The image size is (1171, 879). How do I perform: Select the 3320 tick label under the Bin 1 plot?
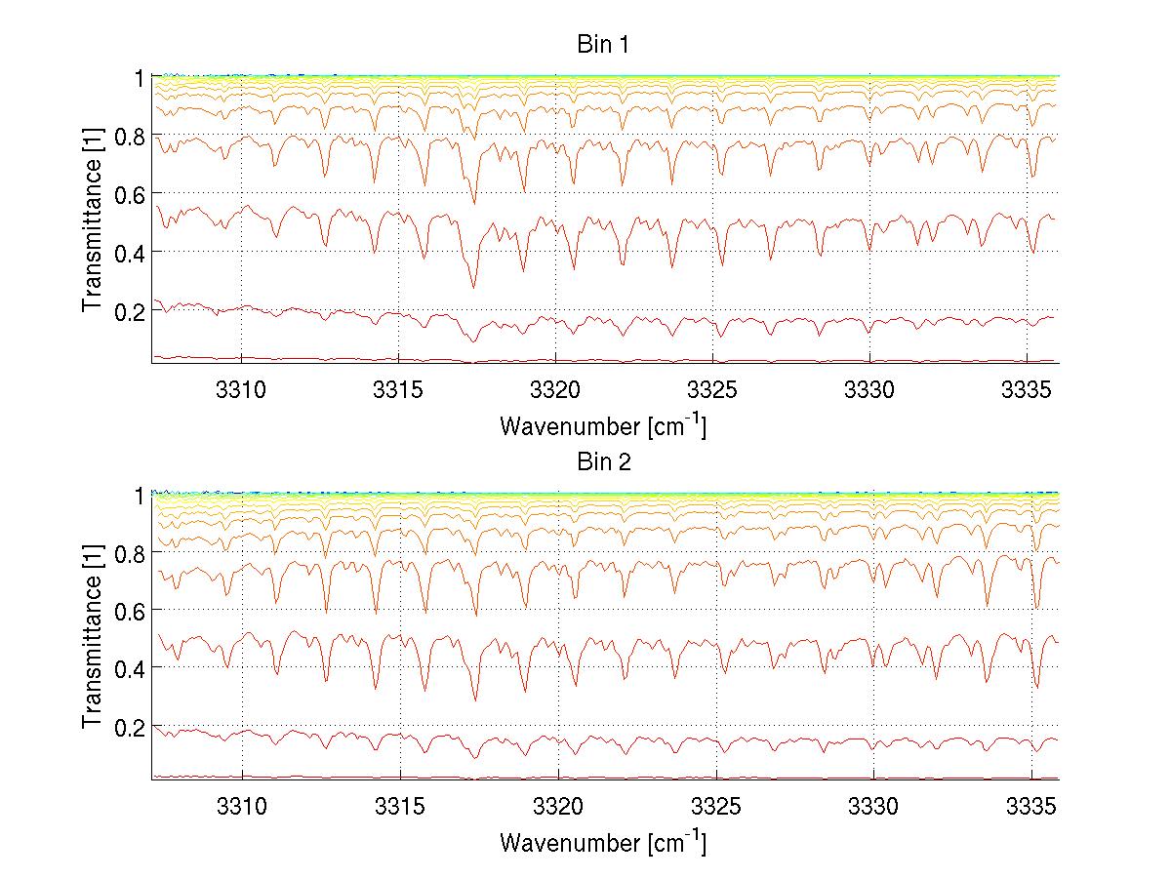[556, 388]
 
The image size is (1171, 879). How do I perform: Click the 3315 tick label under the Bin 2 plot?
[400, 806]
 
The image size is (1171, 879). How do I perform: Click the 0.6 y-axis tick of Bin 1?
[127, 193]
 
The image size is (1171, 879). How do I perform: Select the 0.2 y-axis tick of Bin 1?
[127, 310]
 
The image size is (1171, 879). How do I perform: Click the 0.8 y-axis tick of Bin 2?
[127, 552]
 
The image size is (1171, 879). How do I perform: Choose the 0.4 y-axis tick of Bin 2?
[127, 668]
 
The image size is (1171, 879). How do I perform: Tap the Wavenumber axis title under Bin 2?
[602, 842]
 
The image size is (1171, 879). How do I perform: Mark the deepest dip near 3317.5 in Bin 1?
[474, 288]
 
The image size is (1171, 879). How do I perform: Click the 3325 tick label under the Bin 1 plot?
[714, 388]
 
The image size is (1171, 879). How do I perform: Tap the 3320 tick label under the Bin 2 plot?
[557, 806]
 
